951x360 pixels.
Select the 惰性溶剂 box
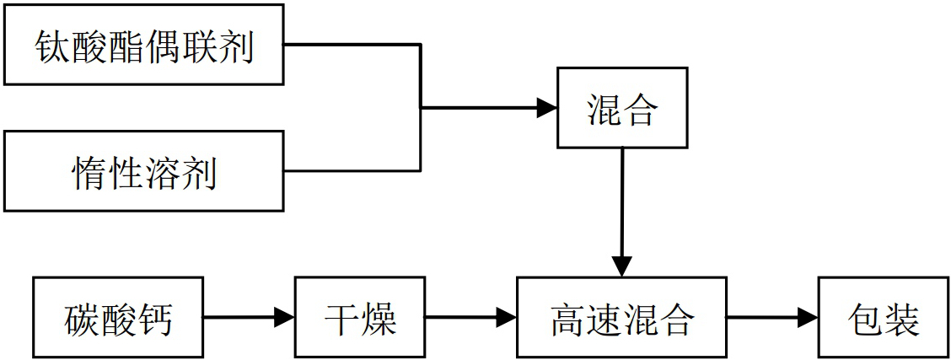[x=142, y=171]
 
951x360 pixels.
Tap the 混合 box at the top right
[x=621, y=108]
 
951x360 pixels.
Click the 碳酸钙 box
[x=117, y=318]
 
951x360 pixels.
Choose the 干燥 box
[x=360, y=318]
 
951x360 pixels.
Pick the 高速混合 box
[x=621, y=318]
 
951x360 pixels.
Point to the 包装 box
[x=883, y=318]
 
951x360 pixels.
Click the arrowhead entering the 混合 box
[x=547, y=108]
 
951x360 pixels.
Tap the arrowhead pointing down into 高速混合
[x=621, y=266]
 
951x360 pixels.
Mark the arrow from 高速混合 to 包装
[x=771, y=318]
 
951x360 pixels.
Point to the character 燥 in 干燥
[x=379, y=319]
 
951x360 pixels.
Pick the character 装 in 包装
[x=902, y=319]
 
